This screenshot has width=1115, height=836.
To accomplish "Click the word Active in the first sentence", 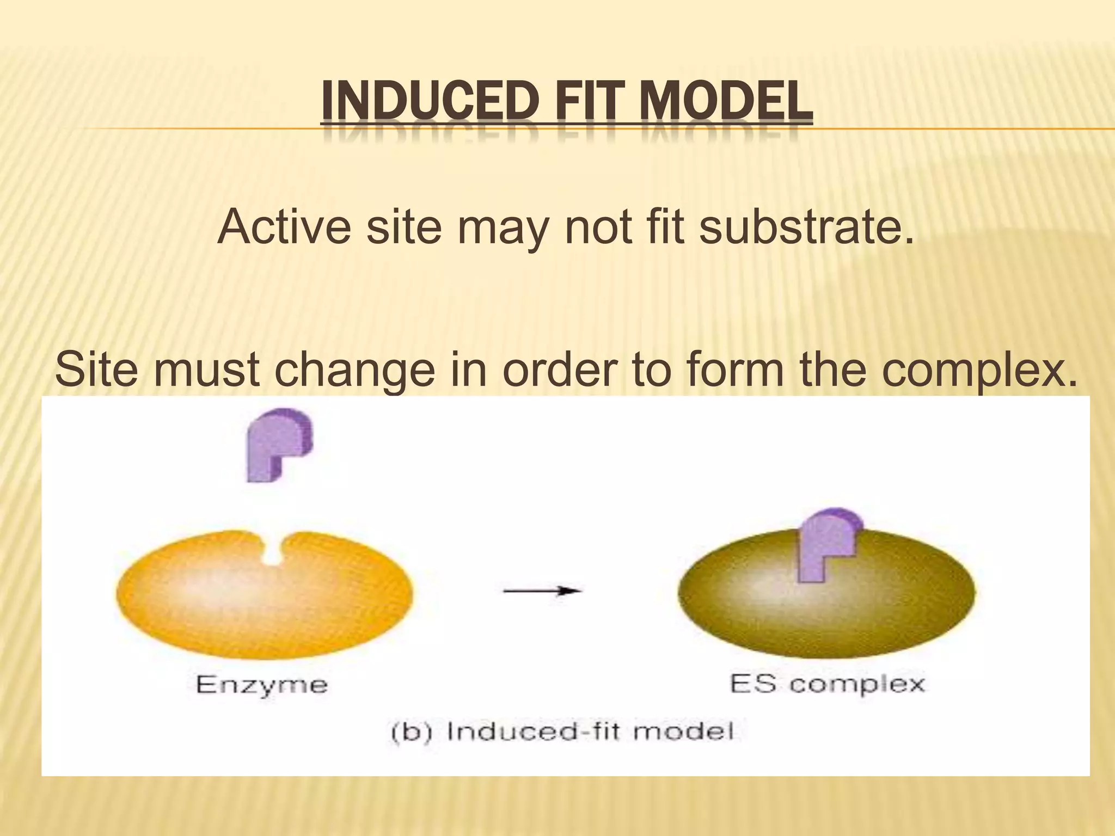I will [x=284, y=226].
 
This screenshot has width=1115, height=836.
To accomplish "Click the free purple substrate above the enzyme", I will [x=278, y=444].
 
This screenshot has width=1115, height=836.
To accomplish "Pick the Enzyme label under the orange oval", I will [x=262, y=684].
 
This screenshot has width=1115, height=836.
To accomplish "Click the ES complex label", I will [x=827, y=684].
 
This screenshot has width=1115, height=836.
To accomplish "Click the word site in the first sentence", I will [x=403, y=226].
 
